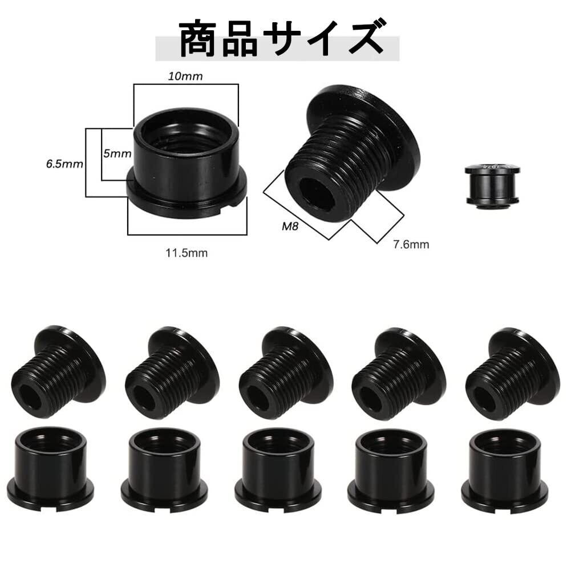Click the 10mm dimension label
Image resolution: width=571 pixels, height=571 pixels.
tap(185, 76)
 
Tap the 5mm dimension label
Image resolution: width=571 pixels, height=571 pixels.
tap(118, 153)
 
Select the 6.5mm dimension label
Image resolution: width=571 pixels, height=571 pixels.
tap(64, 164)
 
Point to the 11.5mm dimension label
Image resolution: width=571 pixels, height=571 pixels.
tap(187, 253)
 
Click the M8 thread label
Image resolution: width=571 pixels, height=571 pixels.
tap(290, 226)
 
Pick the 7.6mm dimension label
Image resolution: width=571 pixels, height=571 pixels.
tap(411, 244)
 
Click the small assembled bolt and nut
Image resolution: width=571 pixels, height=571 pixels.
tap(493, 185)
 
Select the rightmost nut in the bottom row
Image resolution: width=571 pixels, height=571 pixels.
tap(504, 471)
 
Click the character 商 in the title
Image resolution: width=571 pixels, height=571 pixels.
tap(199, 39)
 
